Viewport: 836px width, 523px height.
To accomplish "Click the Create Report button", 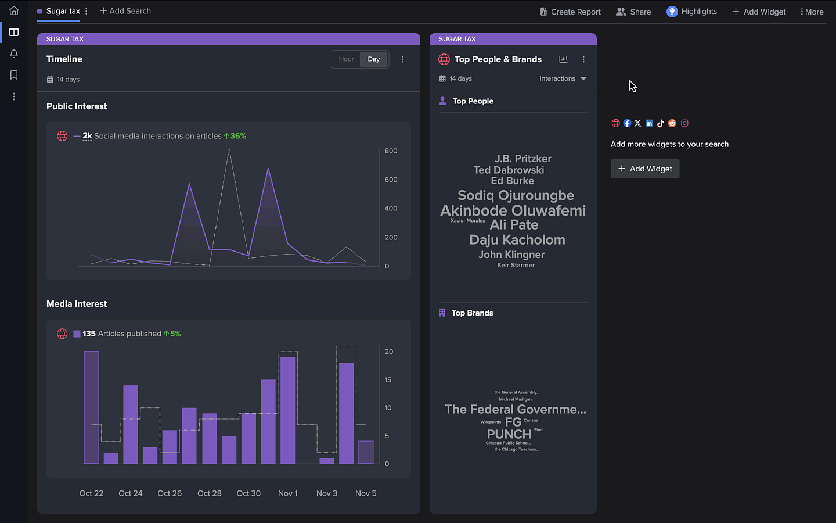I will pos(570,12).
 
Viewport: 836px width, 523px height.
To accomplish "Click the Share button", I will pos(633,12).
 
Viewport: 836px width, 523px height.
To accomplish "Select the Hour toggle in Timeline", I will pos(346,59).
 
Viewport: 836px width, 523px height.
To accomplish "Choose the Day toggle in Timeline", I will pos(374,59).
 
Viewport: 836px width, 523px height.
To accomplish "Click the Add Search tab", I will pos(125,11).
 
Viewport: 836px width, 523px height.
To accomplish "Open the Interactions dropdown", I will pos(563,78).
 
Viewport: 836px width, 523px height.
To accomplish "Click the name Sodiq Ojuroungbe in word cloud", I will pos(516,196).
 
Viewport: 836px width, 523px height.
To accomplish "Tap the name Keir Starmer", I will pos(516,266).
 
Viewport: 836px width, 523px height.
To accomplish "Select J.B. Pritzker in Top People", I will pos(522,159).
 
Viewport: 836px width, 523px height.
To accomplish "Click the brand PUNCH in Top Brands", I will pos(509,434).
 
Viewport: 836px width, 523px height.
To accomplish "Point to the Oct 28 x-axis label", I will pos(209,493).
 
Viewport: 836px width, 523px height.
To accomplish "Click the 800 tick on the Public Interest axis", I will pos(391,151).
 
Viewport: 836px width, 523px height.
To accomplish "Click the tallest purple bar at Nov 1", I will pos(288,410).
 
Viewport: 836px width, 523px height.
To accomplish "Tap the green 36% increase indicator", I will pos(235,136).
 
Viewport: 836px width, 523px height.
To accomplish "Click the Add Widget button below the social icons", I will pos(644,169).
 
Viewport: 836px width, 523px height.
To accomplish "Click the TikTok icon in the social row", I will pos(661,123).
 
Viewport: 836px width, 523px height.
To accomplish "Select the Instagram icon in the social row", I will pos(684,123).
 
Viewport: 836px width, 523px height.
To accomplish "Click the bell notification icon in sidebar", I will pos(14,53).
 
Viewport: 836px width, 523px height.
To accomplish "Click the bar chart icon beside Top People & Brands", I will pos(563,59).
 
